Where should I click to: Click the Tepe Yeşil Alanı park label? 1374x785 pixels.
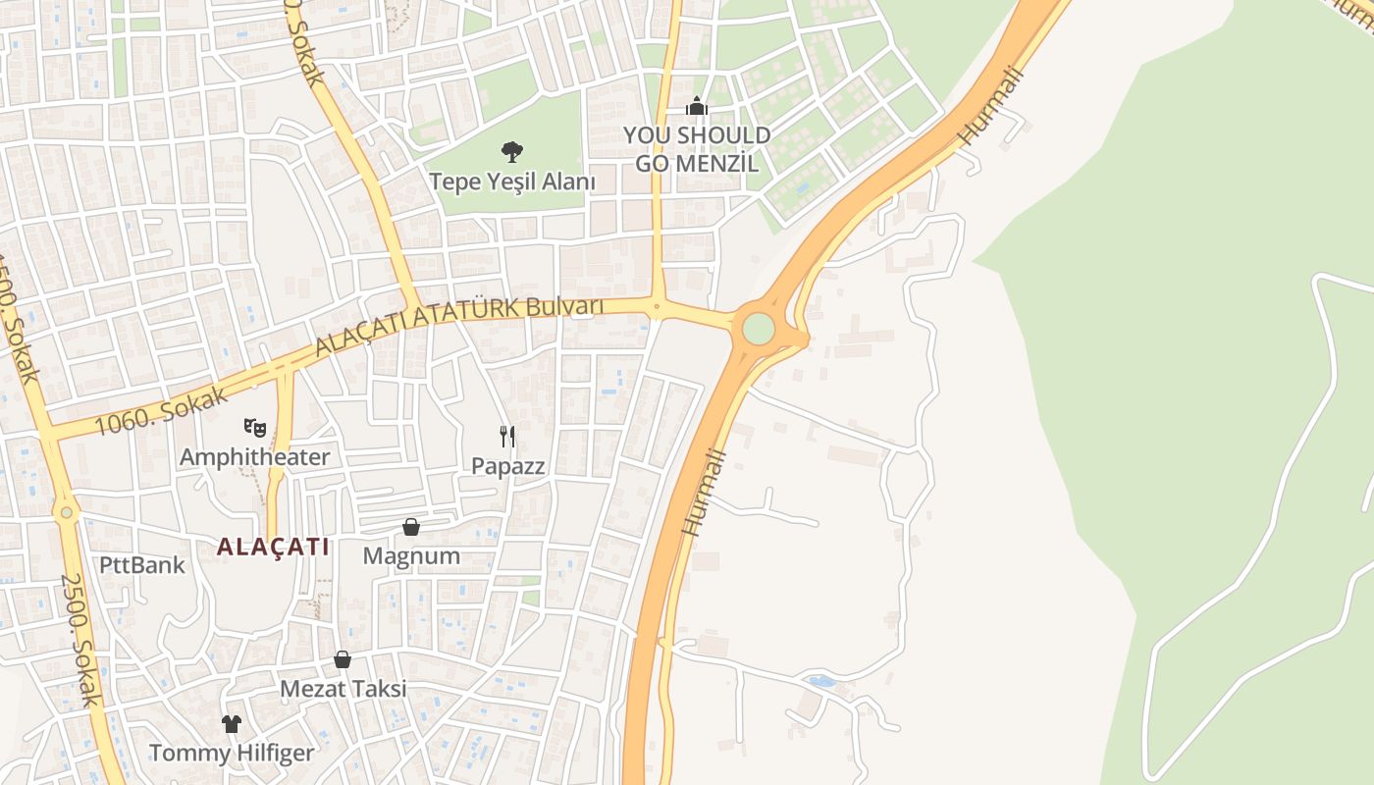512,182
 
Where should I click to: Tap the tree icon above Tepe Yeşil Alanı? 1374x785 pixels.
511,151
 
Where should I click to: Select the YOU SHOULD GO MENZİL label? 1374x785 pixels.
697,149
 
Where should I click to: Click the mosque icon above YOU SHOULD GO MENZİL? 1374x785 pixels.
697,106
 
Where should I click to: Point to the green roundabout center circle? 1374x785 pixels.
758,329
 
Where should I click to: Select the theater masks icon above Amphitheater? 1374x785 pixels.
255,427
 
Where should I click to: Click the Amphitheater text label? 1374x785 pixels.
255,457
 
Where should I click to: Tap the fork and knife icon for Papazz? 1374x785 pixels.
507,437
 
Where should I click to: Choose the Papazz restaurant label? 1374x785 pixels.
507,466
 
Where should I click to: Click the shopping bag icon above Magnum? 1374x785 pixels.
411,528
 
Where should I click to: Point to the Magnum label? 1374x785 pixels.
411,556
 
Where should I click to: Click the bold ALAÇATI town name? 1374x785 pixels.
273,548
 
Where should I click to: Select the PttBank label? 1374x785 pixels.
142,565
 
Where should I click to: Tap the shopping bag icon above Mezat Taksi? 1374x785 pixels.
343,659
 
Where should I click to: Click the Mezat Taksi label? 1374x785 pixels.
343,689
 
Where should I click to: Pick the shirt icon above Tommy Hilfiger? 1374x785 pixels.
232,724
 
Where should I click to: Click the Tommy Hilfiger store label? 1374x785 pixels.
232,754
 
